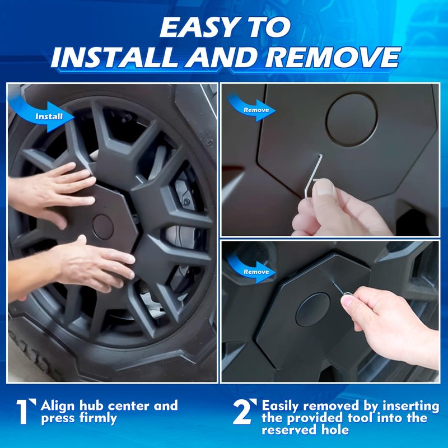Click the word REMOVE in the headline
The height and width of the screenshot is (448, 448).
332,57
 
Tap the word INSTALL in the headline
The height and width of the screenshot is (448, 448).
116,57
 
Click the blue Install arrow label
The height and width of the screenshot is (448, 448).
43,114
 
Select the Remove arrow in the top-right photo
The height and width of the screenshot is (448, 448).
251,109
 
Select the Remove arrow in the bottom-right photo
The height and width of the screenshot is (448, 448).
251,270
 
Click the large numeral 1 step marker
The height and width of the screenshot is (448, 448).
25,412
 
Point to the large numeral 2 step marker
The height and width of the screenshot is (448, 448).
245,412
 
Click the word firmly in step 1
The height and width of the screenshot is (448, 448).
99,418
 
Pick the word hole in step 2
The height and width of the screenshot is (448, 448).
335,430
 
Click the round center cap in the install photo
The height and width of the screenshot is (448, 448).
103,227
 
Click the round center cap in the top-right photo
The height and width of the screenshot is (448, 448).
352,120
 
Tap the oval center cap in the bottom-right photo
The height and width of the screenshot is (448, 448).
313,310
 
